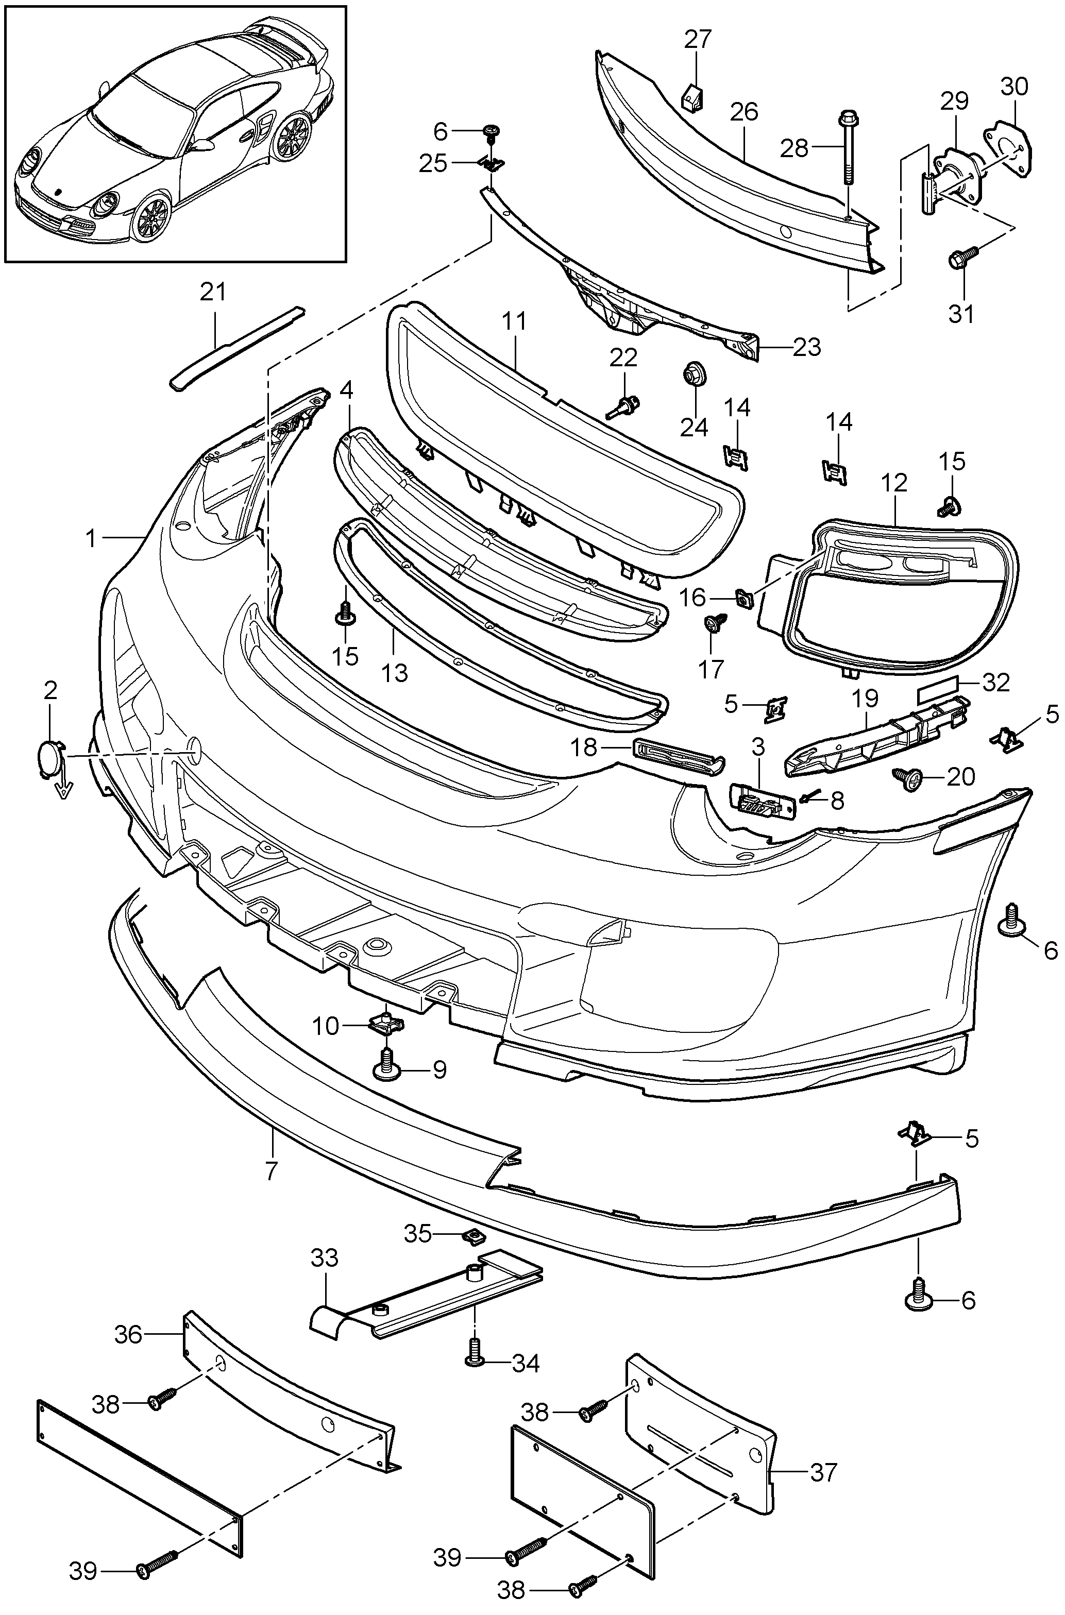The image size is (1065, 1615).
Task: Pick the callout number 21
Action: (x=213, y=293)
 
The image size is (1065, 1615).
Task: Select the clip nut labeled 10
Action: (x=386, y=1022)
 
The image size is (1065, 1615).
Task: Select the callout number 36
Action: (x=128, y=1335)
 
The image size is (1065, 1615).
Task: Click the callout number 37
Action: (x=823, y=1472)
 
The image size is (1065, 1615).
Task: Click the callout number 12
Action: (x=894, y=484)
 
